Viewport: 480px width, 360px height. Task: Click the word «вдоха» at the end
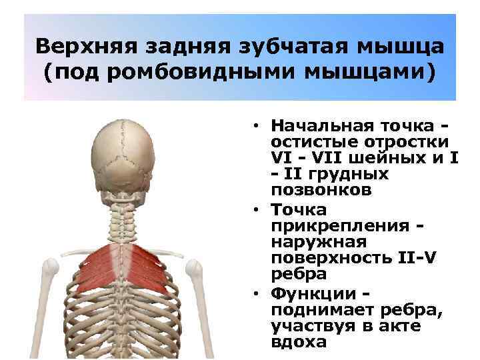pyautogui.click(x=299, y=343)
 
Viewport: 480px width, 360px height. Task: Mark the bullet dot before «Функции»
pyautogui.click(x=256, y=295)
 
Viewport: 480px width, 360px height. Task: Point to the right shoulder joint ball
pyautogui.click(x=194, y=269)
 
